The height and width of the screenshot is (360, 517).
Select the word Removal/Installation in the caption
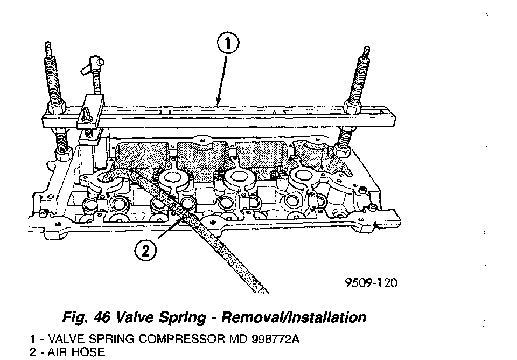pyautogui.click(x=296, y=317)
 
